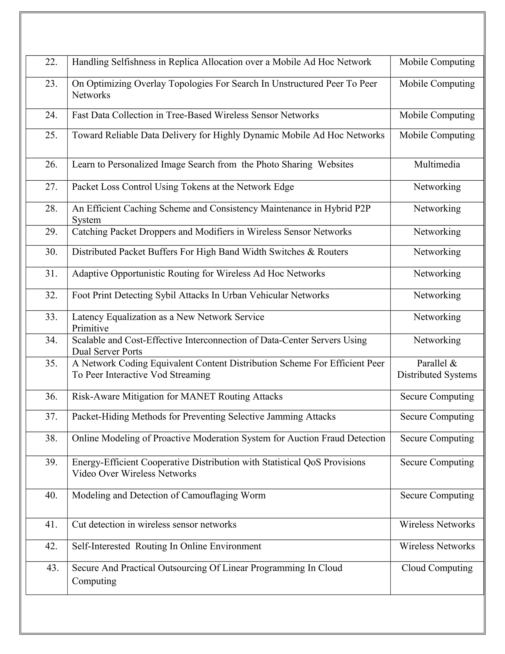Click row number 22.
tap(51, 62)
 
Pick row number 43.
tap(53, 568)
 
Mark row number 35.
tap(51, 364)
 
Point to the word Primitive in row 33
tap(90, 328)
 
